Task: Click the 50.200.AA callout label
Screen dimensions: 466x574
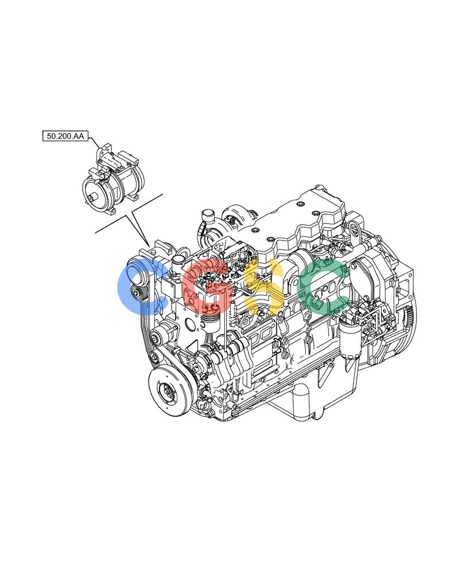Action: (x=65, y=136)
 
